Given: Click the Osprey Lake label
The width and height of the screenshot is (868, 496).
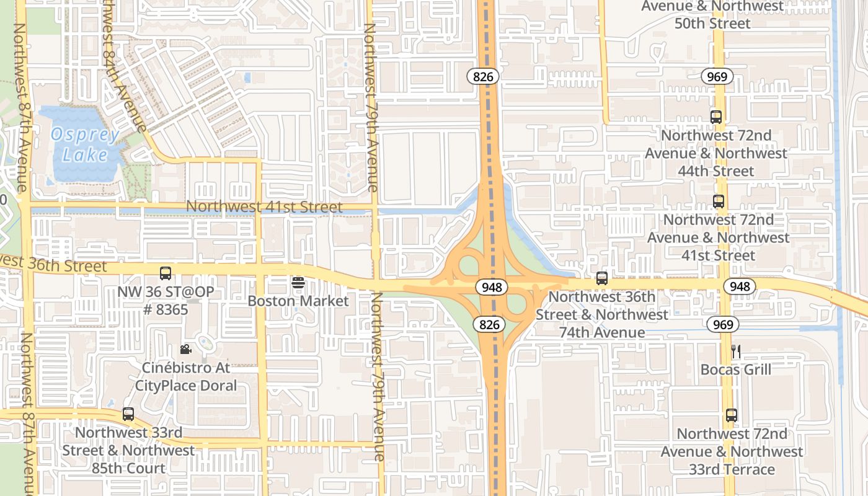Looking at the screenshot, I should [x=85, y=144].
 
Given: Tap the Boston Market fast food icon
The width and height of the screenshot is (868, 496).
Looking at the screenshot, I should [x=298, y=283].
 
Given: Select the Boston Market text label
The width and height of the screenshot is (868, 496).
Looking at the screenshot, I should [x=298, y=301].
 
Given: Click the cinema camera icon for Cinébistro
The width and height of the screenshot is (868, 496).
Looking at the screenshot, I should [x=185, y=350].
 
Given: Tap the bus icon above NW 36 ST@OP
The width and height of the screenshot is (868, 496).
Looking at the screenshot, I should [x=166, y=273].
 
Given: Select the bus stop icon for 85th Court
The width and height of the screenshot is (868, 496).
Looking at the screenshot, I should [x=128, y=414].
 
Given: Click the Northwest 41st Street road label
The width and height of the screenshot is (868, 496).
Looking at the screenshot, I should [x=263, y=206].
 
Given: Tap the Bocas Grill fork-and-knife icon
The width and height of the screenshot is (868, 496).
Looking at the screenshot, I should [x=736, y=352].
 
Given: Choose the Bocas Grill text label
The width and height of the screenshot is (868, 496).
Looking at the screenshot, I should [x=736, y=370].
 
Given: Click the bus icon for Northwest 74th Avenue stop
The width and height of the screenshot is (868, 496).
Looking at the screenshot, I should [x=602, y=278].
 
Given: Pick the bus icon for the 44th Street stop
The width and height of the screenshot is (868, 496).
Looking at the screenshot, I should [x=716, y=117].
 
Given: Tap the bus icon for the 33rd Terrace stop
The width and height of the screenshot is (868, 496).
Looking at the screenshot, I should [x=732, y=415].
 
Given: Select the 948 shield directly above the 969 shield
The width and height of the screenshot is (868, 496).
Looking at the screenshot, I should [x=740, y=286].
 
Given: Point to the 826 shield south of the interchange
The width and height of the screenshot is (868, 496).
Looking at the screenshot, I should [x=487, y=324].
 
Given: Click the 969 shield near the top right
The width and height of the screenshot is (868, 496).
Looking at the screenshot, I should [x=718, y=77].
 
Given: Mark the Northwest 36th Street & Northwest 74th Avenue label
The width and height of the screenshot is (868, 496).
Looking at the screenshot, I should [x=602, y=314].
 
